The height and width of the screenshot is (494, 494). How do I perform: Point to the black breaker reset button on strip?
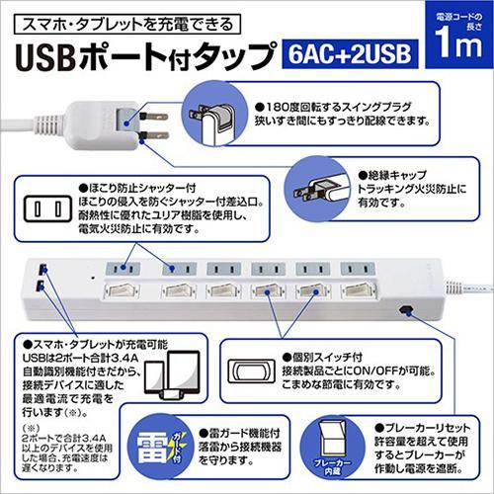tap(406, 309)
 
